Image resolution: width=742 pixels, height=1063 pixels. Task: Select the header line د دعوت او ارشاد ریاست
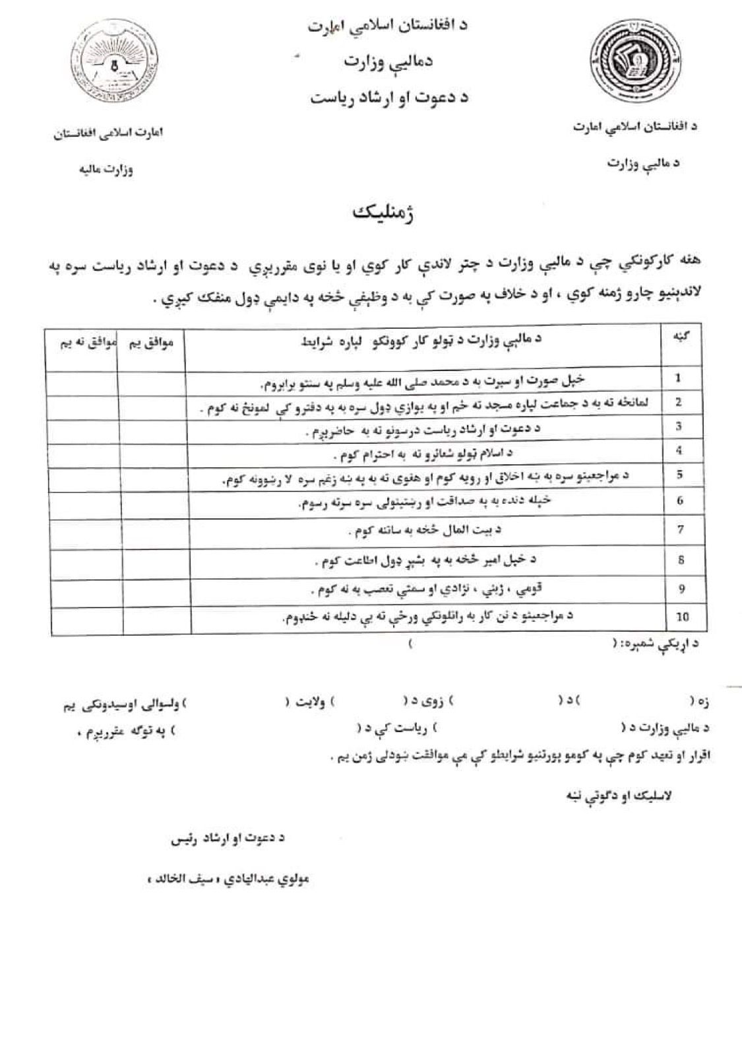388,97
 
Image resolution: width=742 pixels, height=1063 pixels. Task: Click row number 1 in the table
678,378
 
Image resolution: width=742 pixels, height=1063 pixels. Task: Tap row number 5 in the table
679,475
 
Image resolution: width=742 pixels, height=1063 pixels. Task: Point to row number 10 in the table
682,617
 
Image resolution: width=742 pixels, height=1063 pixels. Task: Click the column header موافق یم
148,344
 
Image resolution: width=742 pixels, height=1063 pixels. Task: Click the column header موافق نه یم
81,344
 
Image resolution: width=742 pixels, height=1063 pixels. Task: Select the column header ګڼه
677,336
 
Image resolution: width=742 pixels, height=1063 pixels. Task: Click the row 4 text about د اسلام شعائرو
423,454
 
